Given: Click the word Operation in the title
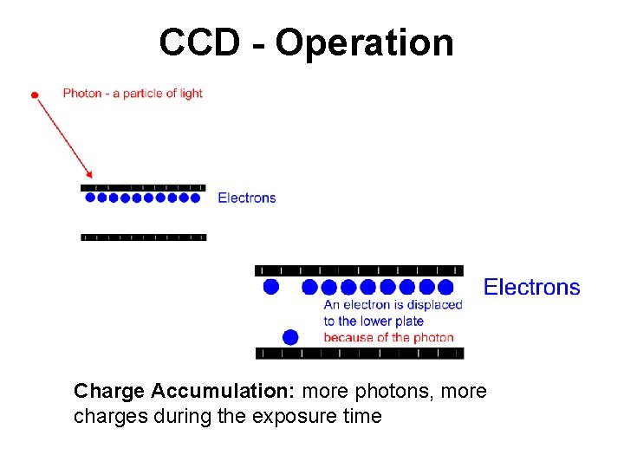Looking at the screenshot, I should coord(364,43).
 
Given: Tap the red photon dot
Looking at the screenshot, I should coord(35,94).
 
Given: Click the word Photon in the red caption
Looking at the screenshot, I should coord(81,93).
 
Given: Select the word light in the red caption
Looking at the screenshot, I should coord(191,93).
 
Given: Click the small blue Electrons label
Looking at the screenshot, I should coord(246,198).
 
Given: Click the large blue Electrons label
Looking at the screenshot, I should coord(531,287).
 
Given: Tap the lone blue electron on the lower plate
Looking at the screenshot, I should coord(290,336).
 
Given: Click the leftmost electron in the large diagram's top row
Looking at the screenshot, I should coord(271,286).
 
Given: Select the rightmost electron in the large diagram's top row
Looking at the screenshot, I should coord(445,286).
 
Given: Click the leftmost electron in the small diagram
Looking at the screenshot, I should coord(91,198).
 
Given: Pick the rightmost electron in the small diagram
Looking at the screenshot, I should coord(195,198).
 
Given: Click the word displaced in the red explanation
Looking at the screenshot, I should coord(436,304).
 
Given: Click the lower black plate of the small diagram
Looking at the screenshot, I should coord(144,237).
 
